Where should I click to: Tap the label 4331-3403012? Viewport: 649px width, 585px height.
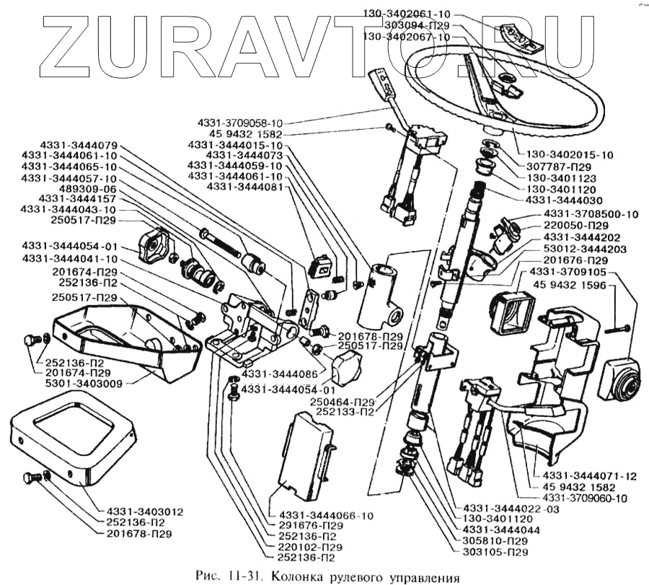(x=140, y=511)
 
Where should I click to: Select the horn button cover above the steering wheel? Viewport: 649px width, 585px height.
(x=520, y=40)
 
